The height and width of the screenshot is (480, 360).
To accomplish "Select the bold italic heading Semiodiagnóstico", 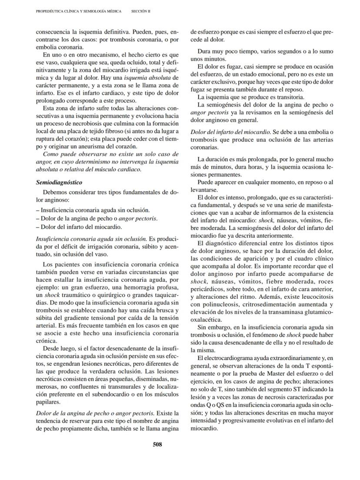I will (x=59, y=182).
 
